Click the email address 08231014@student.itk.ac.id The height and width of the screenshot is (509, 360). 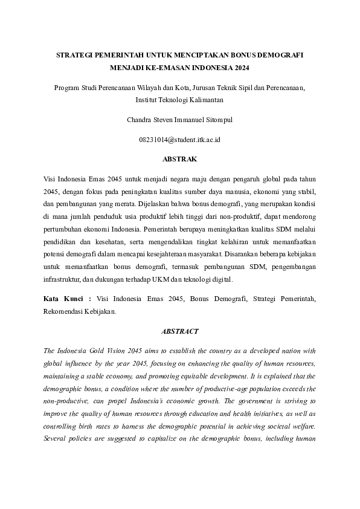pyautogui.click(x=179, y=140)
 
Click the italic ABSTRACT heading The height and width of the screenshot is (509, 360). pyautogui.click(x=179, y=331)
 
